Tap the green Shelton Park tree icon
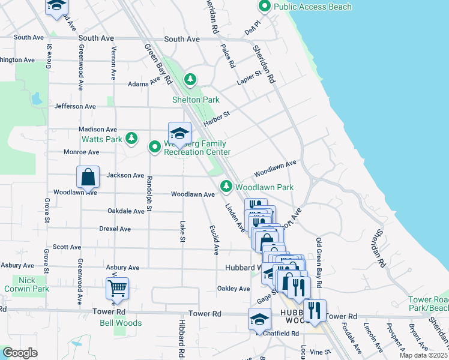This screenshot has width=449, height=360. tap(190, 79)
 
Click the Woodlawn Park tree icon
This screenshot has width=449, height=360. tap(226, 187)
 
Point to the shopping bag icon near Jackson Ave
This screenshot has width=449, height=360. tap(88, 177)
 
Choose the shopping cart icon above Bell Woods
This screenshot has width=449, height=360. tap(117, 289)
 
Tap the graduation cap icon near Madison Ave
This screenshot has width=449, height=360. tap(179, 134)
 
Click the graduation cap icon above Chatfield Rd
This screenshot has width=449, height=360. tap(259, 319)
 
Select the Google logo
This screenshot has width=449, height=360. tap(20, 353)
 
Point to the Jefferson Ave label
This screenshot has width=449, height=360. tap(75, 106)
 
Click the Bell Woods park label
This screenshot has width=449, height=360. tap(121, 323)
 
